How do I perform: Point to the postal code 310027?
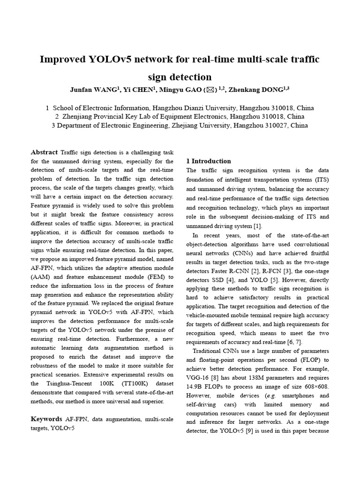point(279,125)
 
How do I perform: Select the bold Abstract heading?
point(44,152)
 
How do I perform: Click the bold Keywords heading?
point(46,419)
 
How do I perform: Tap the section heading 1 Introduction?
point(209,161)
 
